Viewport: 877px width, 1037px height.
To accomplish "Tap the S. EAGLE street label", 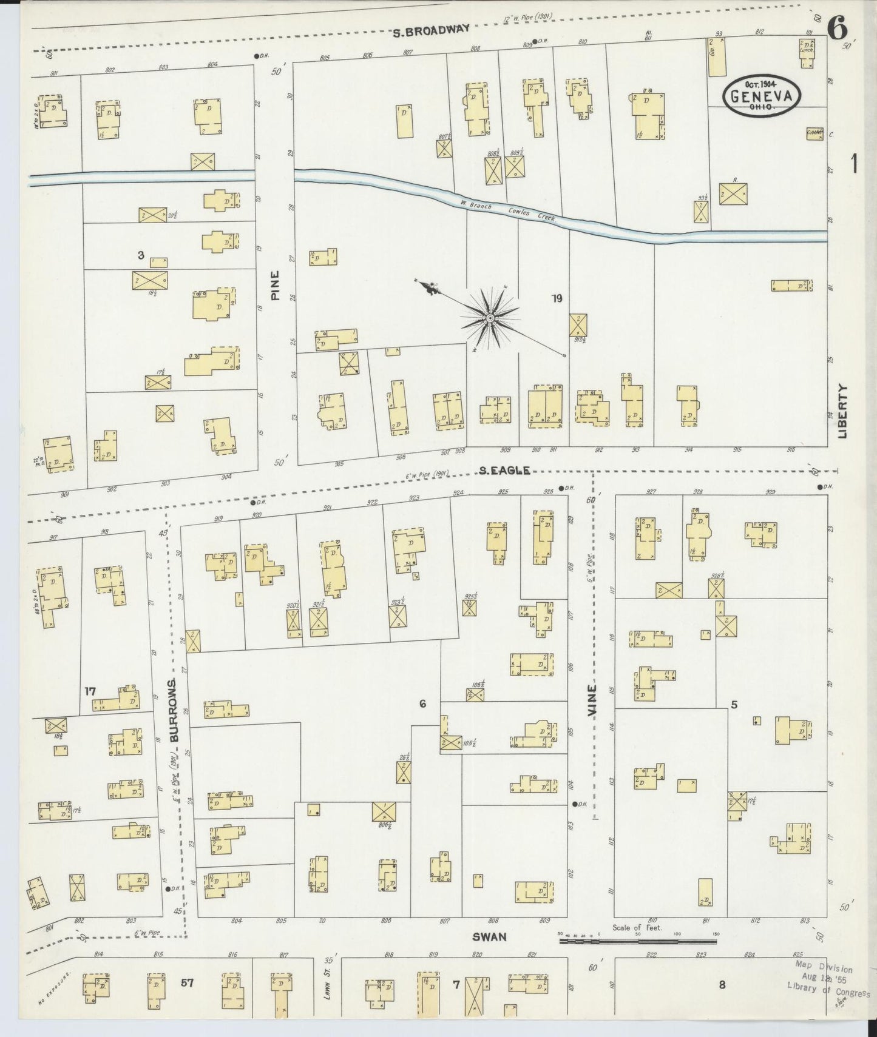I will [x=504, y=470].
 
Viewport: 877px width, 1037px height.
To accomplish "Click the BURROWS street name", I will [x=174, y=710].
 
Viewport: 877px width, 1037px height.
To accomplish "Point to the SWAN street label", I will [x=489, y=953].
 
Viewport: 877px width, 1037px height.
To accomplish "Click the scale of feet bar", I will [x=637, y=958].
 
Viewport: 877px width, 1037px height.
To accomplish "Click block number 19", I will [x=557, y=298].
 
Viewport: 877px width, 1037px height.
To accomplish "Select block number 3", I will [x=140, y=255].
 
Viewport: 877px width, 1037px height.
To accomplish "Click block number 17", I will [x=90, y=691].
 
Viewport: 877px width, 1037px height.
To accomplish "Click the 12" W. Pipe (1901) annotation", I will [x=527, y=18].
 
